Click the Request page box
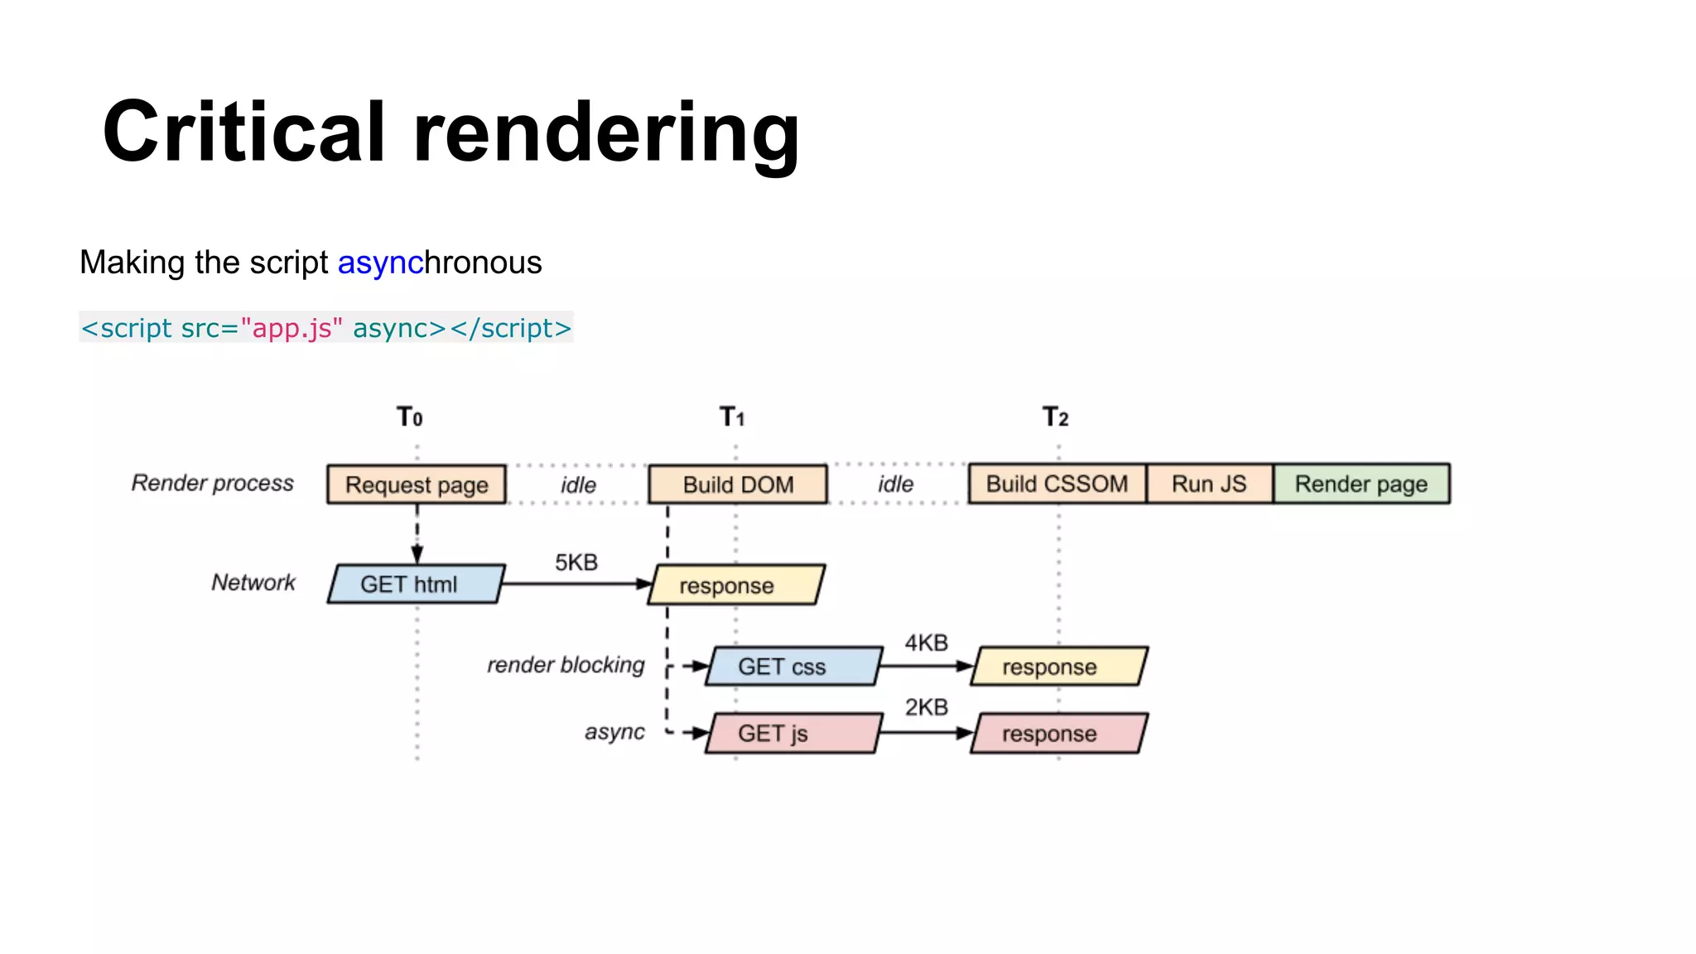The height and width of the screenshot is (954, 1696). click(x=416, y=484)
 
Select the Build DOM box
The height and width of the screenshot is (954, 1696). click(x=737, y=484)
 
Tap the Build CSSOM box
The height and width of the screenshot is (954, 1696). click(x=1057, y=484)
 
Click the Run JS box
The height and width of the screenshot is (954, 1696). click(x=1209, y=484)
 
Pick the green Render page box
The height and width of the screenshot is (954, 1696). click(x=1361, y=484)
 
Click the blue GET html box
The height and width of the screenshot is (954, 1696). click(x=416, y=584)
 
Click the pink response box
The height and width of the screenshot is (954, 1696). click(x=1058, y=734)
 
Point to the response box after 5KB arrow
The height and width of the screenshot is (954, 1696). click(x=735, y=585)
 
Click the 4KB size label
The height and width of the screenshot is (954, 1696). click(x=926, y=643)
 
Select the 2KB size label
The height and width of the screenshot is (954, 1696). click(x=926, y=707)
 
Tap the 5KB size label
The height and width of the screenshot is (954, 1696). click(x=576, y=562)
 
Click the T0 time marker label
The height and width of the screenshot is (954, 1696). click(x=409, y=417)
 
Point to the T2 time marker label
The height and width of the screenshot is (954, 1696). click(x=1055, y=417)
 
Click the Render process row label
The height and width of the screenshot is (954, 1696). click(x=212, y=483)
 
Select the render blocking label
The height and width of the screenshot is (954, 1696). click(x=566, y=665)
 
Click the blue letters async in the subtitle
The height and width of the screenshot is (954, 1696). click(x=380, y=263)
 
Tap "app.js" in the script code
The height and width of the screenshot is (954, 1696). click(x=291, y=328)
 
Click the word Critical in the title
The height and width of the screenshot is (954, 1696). click(x=244, y=132)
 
